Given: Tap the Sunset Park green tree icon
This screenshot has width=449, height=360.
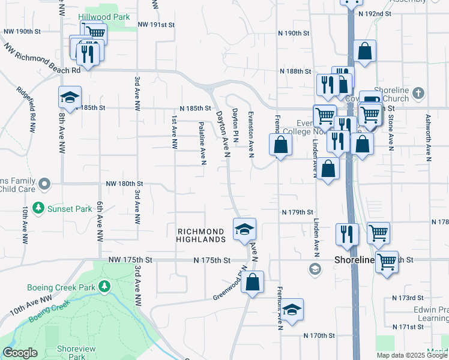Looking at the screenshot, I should pyautogui.click(x=39, y=208).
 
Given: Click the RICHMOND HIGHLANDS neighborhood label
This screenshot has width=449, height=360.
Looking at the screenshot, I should pyautogui.click(x=200, y=235).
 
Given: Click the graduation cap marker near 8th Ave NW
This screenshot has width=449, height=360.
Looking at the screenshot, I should pyautogui.click(x=70, y=98).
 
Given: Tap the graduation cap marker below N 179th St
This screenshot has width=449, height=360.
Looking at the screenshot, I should pyautogui.click(x=244, y=230).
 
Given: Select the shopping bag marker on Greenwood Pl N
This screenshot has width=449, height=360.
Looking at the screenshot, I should pyautogui.click(x=253, y=283).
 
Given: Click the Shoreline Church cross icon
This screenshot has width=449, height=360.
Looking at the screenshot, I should pyautogui.click(x=418, y=93).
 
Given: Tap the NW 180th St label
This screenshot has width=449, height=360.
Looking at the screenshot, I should pyautogui.click(x=124, y=184).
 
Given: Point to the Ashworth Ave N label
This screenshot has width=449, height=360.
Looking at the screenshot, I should pyautogui.click(x=429, y=138).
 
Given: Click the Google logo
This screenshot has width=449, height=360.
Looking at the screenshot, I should pyautogui.click(x=20, y=353).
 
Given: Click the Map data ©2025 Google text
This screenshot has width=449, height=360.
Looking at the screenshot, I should pyautogui.click(x=411, y=355).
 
